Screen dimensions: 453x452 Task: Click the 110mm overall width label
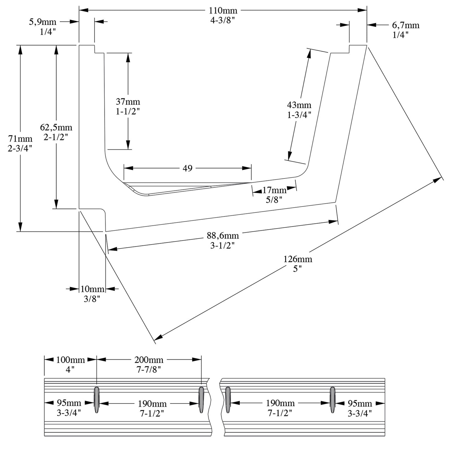[x=223, y=11]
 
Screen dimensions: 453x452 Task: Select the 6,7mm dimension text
[x=405, y=25]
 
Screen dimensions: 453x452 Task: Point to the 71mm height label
[x=20, y=138]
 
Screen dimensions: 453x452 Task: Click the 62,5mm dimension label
[x=56, y=127]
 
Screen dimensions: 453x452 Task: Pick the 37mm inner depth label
[x=128, y=102]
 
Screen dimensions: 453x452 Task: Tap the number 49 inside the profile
[x=187, y=168]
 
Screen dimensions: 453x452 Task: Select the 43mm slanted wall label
[x=299, y=105]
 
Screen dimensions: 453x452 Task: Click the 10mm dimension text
[x=92, y=289]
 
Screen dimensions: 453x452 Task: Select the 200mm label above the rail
[x=149, y=360]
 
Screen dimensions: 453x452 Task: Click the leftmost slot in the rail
[x=96, y=400]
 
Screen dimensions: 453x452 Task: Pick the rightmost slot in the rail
[x=333, y=400]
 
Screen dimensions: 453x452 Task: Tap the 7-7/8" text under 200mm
[x=149, y=369]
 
